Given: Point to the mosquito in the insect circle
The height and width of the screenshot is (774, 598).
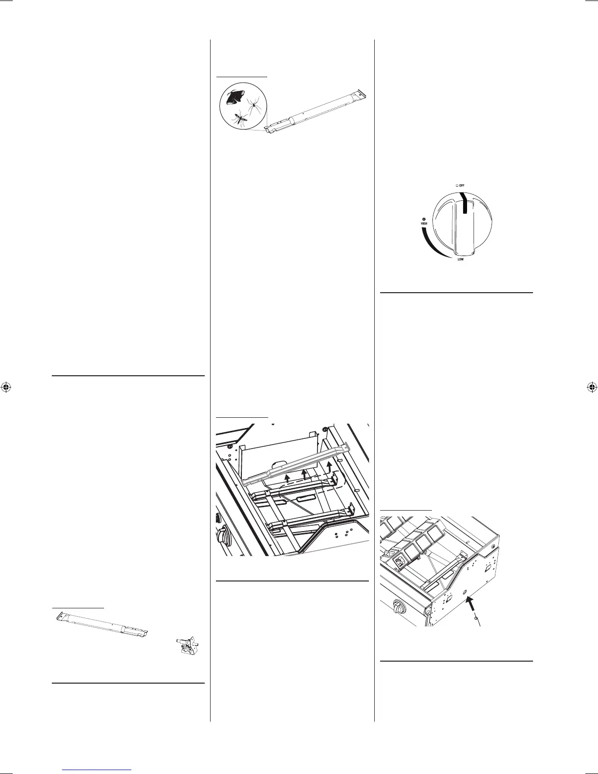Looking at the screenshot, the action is point(240,118).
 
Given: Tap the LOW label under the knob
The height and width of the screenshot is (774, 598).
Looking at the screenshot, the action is point(460,259).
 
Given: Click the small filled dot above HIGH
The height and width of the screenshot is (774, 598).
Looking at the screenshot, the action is point(424,218).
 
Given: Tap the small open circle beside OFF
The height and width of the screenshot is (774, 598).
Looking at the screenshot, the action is point(456,185).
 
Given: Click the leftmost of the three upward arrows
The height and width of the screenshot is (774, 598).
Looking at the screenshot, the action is point(288,476).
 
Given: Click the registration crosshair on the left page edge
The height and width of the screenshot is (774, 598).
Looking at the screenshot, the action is point(6,387).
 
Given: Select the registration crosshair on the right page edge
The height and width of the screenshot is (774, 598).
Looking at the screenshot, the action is point(591,387).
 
